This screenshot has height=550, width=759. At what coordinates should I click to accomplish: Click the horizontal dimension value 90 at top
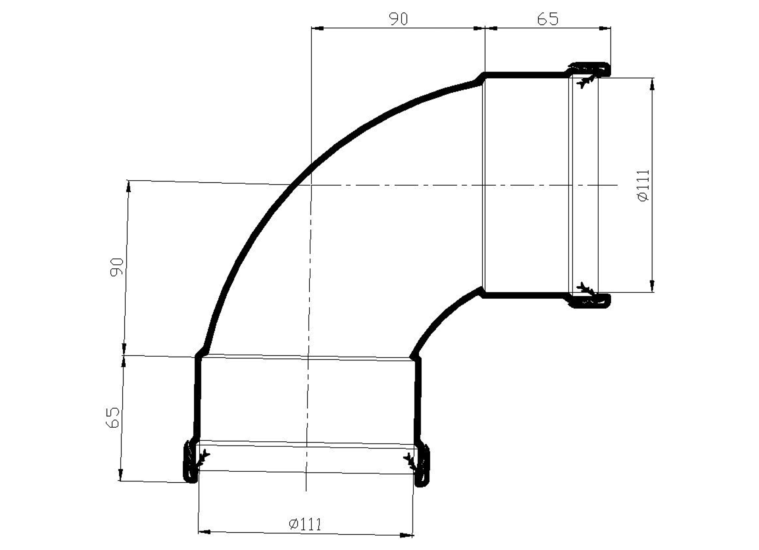click(399, 19)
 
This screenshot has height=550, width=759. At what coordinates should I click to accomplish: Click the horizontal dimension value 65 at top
click(547, 19)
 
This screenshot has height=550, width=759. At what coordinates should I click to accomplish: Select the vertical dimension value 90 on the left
click(117, 267)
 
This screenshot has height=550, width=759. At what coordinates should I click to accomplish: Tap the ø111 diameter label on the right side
click(643, 185)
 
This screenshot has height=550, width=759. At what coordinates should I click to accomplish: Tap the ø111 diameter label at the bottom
click(305, 524)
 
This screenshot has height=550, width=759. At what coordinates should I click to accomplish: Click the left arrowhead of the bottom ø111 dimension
click(205, 532)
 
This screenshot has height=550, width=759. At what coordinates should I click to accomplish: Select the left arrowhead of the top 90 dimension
click(317, 28)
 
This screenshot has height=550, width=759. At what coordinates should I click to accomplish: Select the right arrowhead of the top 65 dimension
click(605, 28)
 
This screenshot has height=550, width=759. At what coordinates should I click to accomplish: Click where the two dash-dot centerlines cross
click(311, 185)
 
